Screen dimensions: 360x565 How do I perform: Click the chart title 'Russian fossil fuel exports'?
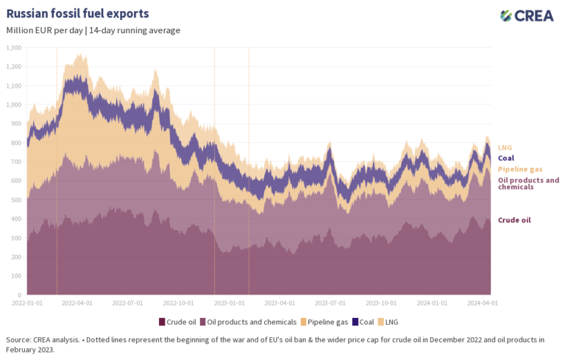[77, 14]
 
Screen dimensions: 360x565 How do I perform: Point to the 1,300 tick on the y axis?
[13, 47]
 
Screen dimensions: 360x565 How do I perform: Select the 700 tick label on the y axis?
[15, 161]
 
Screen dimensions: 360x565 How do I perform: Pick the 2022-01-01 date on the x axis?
[26, 303]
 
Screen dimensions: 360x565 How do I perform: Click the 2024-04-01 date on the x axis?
[482, 303]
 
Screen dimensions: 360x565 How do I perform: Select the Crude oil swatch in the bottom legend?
[162, 322]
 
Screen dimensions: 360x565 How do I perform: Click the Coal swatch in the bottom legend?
[356, 322]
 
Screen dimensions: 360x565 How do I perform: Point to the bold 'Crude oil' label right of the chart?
[514, 220]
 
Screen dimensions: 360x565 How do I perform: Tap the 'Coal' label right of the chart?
[506, 158]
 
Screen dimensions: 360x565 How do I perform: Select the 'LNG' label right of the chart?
[505, 147]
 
